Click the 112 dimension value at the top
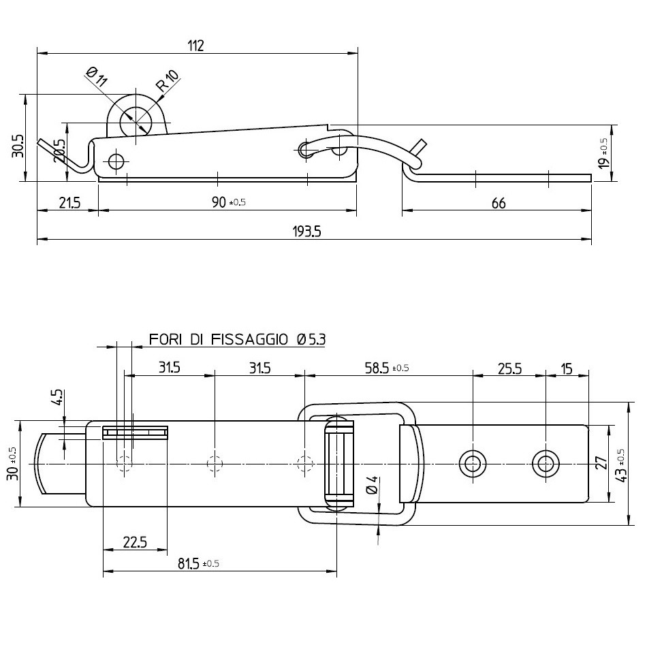tap(195, 46)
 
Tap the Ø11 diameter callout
tap(97, 76)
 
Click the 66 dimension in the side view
tap(499, 202)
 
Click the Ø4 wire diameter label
tap(372, 485)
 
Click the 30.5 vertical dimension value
tap(18, 146)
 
